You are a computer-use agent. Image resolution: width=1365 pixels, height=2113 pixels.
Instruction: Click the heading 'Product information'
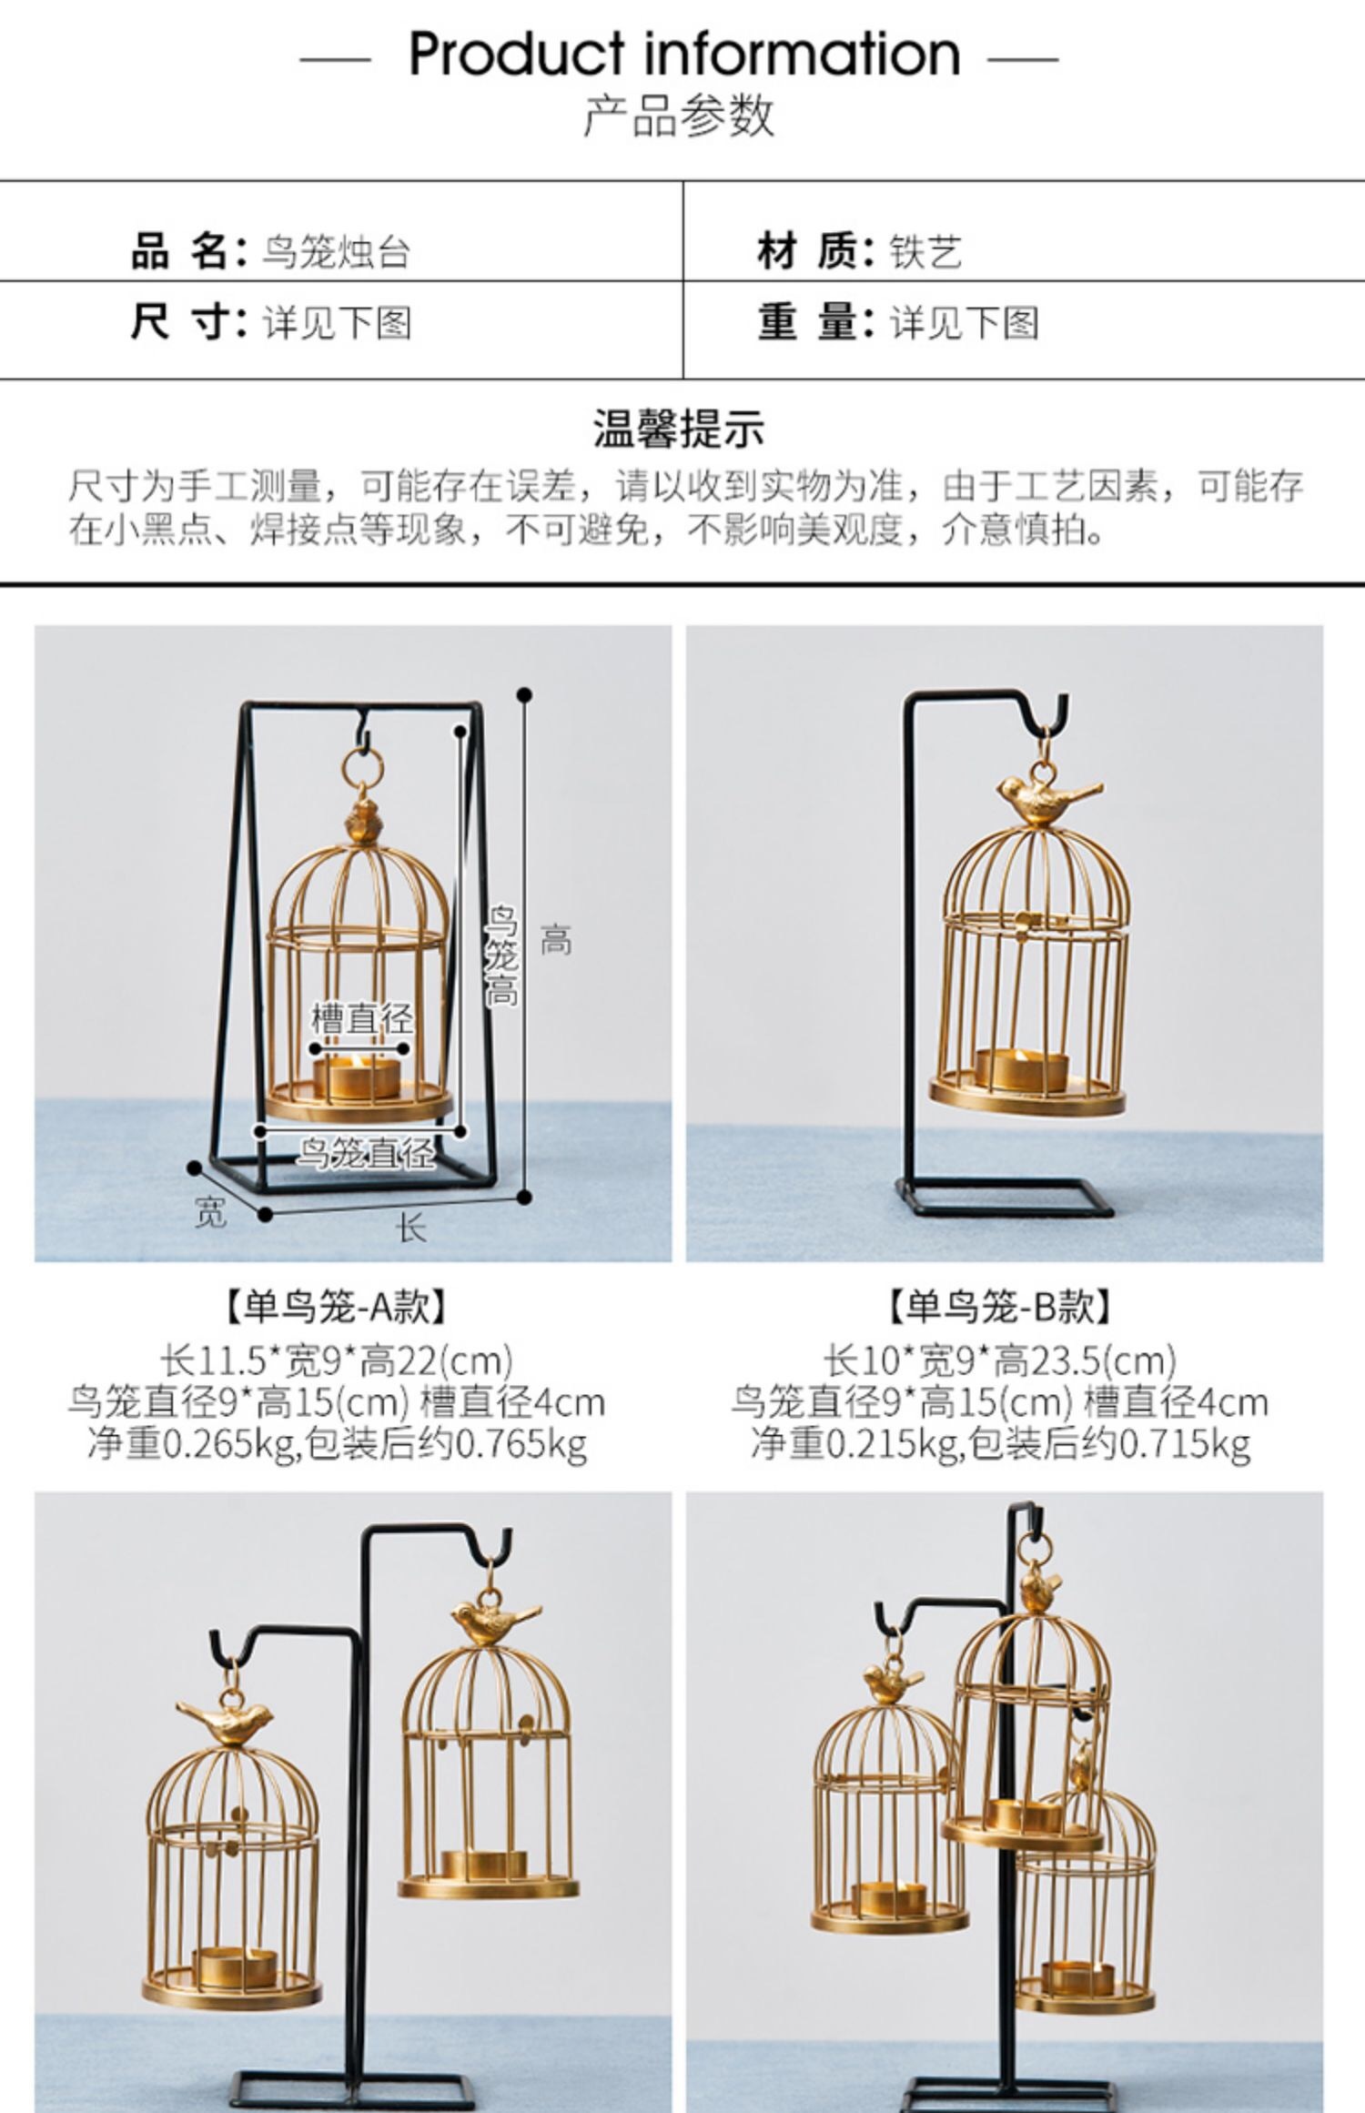coord(684,54)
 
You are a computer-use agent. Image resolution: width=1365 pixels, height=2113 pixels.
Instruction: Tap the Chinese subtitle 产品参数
coord(679,116)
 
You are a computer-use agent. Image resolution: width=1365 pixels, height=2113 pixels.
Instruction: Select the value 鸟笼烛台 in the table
coord(336,252)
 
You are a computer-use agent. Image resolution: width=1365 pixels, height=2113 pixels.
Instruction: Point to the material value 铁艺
coord(925,252)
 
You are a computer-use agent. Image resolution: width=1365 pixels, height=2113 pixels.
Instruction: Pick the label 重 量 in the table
coord(807,323)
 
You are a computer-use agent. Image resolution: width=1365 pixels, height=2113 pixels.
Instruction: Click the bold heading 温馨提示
coord(679,429)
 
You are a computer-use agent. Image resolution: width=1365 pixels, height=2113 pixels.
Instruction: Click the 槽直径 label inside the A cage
coord(361,1018)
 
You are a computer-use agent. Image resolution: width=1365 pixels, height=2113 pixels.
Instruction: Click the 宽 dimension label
coord(210,1212)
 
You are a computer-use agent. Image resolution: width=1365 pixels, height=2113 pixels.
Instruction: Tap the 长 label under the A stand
coord(411,1228)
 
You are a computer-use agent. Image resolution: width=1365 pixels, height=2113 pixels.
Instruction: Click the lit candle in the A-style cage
coord(357,1075)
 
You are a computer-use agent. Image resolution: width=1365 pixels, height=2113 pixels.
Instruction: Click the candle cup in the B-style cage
coord(1020,1070)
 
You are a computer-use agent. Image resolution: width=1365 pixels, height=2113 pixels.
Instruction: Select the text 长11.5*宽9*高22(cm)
coord(336,1361)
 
